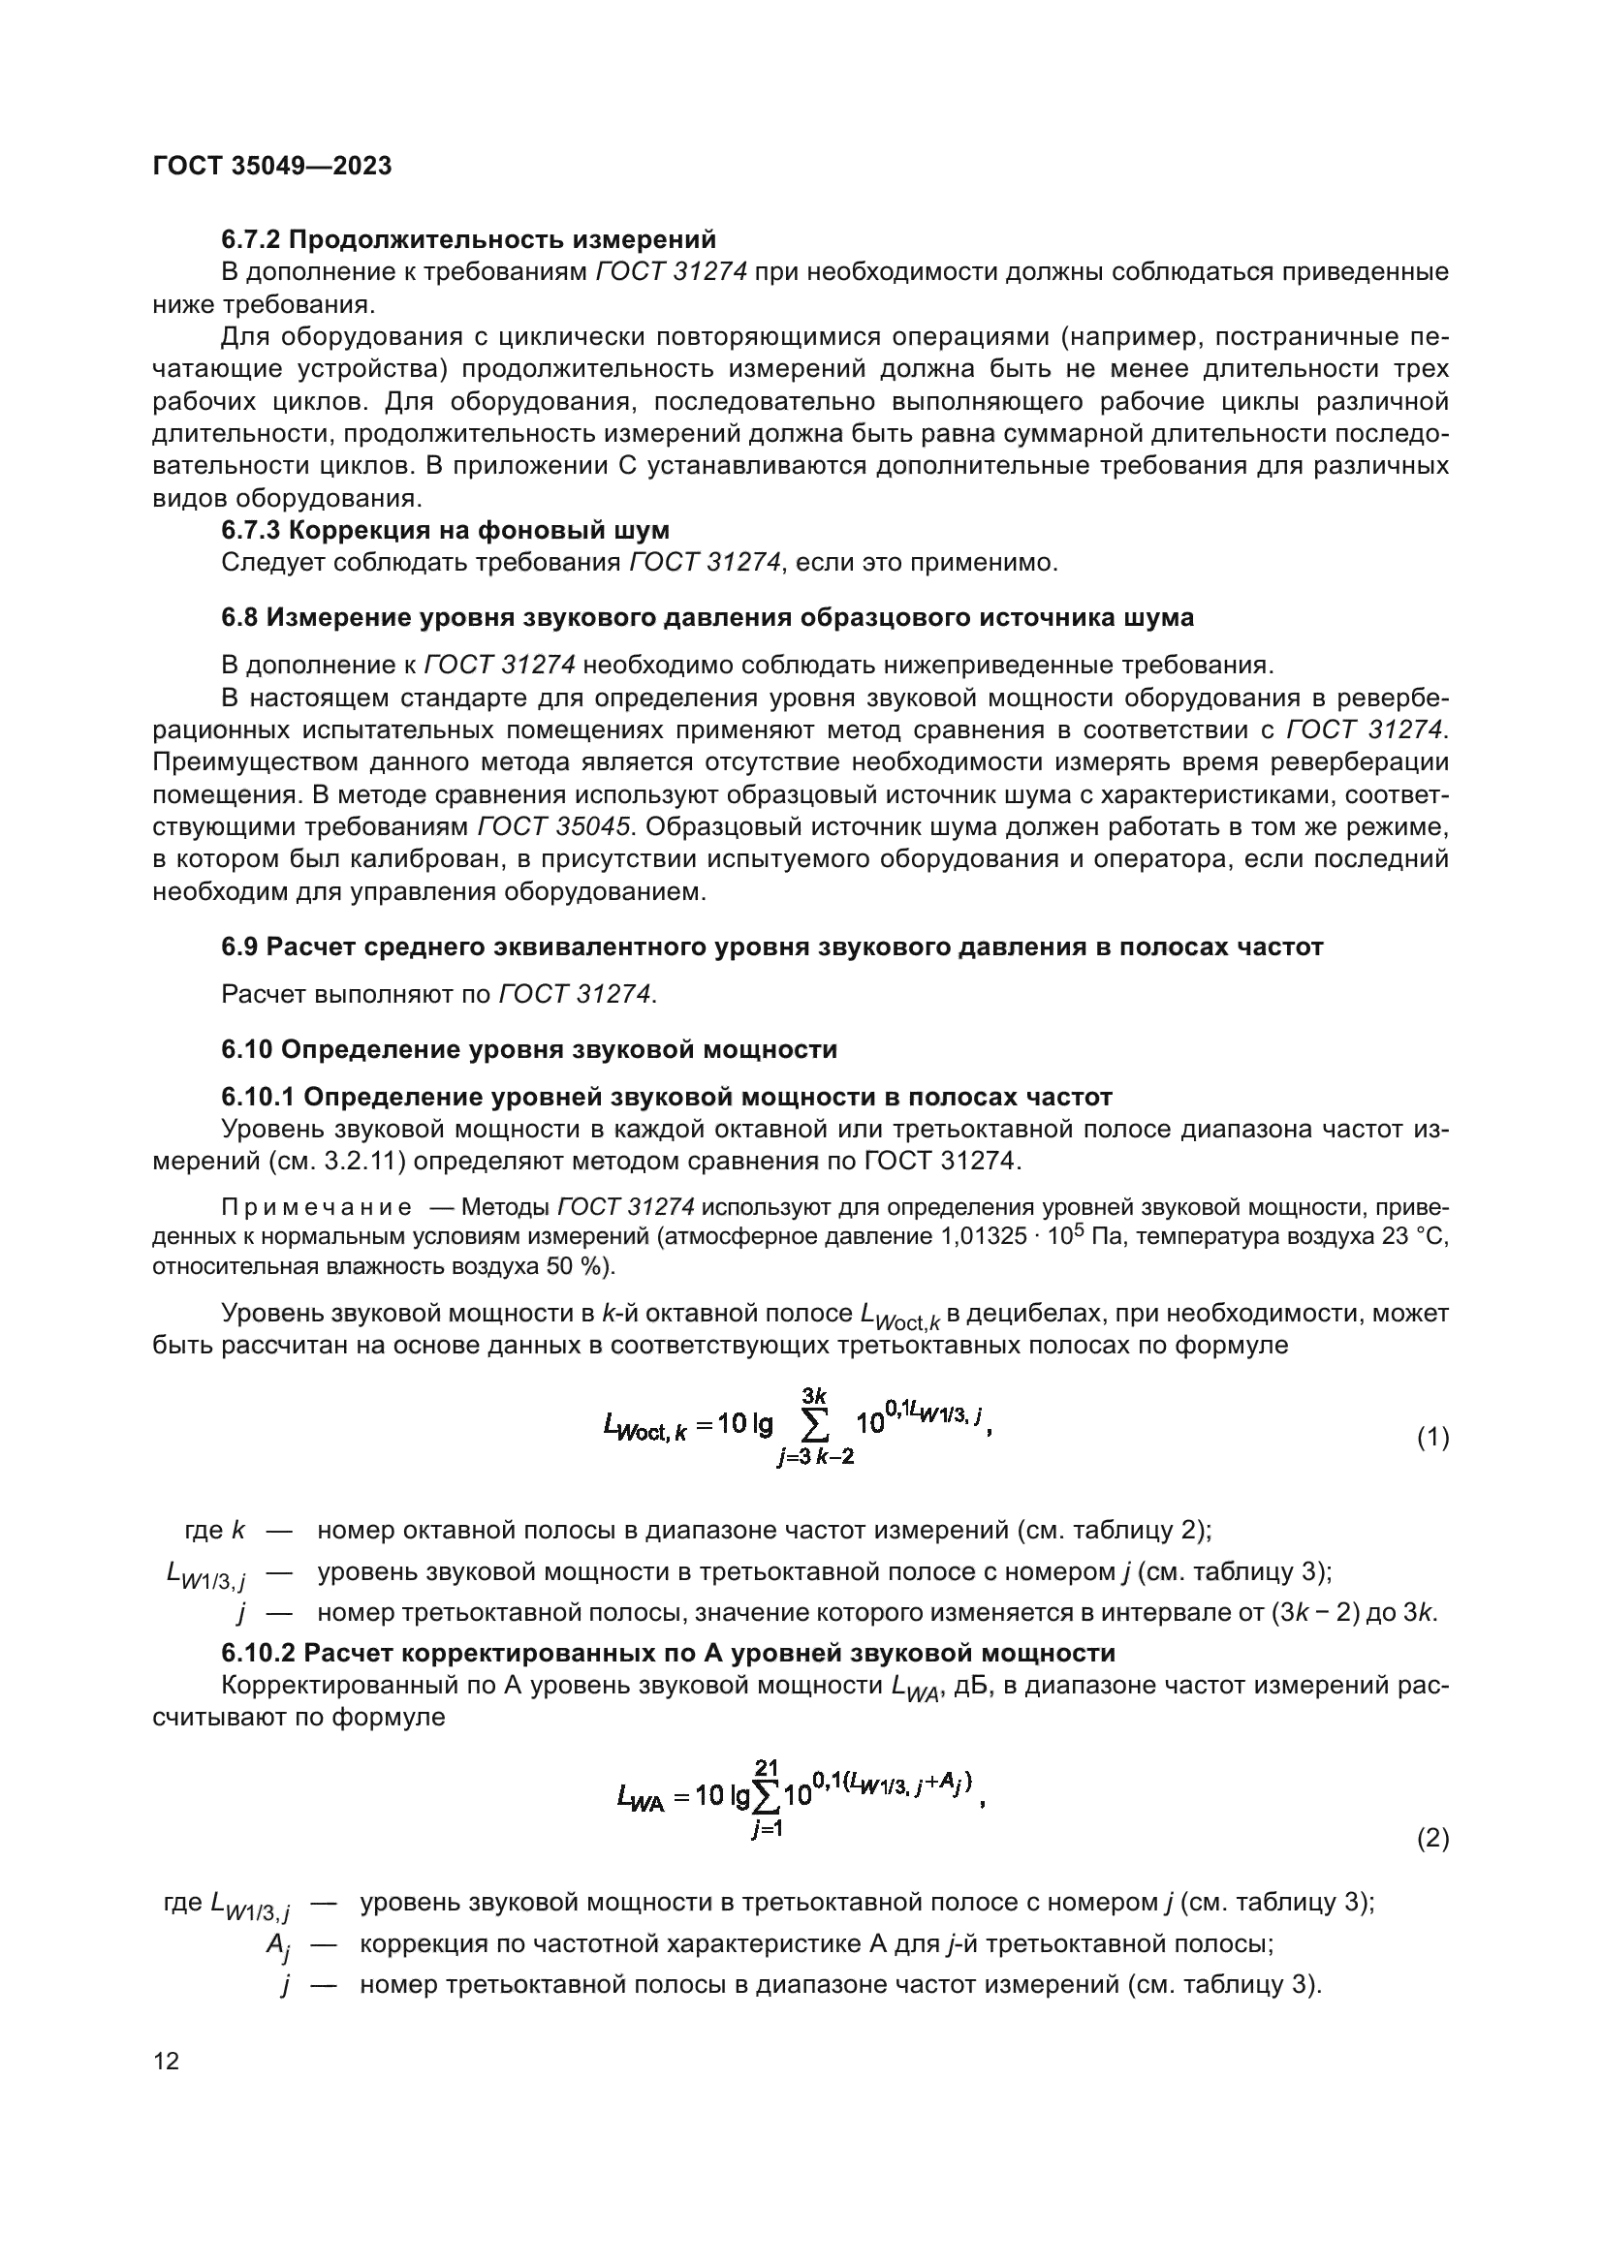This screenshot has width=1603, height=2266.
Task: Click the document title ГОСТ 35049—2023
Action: [271, 166]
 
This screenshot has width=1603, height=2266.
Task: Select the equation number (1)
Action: [1432, 1438]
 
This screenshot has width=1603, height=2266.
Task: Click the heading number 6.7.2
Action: [251, 239]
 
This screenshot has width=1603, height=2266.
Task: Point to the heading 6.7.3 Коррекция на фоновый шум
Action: [445, 530]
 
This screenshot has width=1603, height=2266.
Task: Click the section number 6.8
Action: [239, 618]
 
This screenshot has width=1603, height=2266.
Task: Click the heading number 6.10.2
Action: [258, 1652]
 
